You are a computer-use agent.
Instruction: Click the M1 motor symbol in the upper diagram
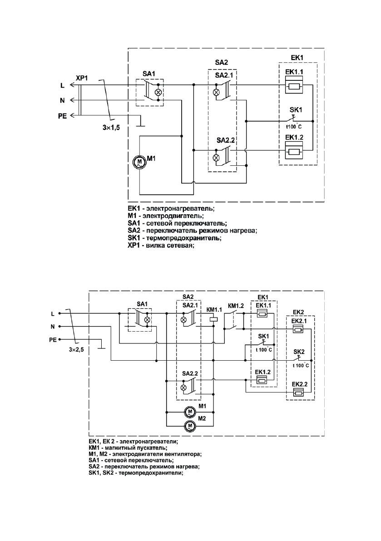pos(139,162)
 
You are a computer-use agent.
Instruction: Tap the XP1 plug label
pos(82,79)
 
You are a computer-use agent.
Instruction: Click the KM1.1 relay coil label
pos(214,310)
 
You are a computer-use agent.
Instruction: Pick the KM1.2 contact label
pos(236,306)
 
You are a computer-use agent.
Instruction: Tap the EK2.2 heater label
pos(300,384)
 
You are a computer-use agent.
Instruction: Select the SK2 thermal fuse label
pos(299,352)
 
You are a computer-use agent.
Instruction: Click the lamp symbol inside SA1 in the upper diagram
pos(158,92)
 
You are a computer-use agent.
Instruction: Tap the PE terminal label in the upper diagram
pos(62,116)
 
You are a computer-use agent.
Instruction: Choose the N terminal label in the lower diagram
pos(53,326)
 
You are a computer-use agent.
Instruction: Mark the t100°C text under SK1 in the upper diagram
pos(293,127)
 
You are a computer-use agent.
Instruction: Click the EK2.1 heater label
pos(300,321)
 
